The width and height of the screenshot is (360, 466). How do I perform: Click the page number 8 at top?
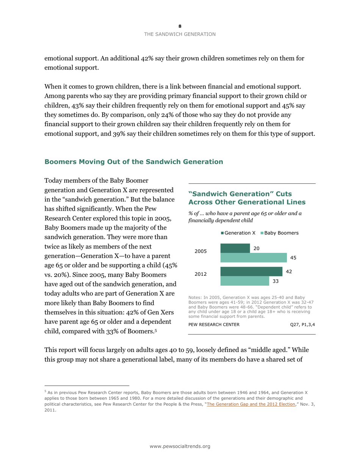point(180,26)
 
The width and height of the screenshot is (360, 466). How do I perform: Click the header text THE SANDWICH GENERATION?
point(180,34)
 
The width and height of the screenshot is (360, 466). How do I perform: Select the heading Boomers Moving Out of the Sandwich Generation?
point(134,162)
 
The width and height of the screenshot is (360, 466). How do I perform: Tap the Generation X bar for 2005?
point(235,248)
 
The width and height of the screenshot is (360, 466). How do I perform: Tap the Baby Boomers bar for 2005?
point(254,258)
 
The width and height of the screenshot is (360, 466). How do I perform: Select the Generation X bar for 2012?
point(251,272)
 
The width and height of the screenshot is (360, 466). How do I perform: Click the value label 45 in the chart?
point(293,258)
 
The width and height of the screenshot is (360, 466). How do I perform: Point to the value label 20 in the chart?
point(257,248)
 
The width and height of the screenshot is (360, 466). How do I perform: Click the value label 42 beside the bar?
point(289,272)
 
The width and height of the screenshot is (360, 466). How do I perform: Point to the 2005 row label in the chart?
point(200,251)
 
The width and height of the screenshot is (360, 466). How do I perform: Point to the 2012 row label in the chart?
point(200,274)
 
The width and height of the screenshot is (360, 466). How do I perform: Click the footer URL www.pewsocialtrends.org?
point(180,446)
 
